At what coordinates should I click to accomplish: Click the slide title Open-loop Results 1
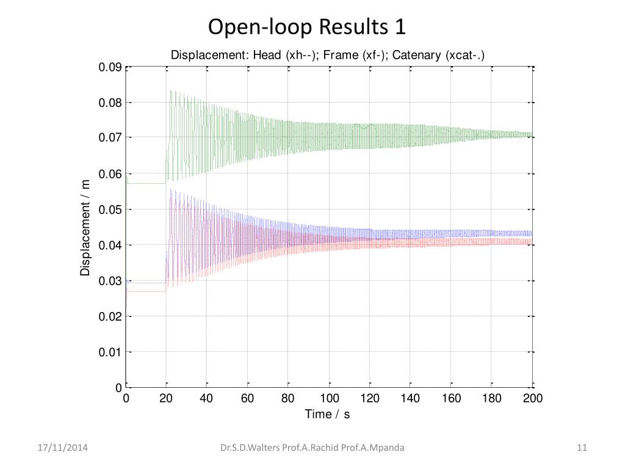(306, 27)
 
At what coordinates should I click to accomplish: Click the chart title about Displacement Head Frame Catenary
(327, 56)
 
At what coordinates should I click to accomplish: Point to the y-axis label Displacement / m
(86, 227)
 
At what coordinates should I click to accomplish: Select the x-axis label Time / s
(327, 415)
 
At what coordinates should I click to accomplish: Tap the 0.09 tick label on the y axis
(110, 68)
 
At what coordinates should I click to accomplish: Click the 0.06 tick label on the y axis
(110, 175)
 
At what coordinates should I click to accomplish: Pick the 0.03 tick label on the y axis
(110, 282)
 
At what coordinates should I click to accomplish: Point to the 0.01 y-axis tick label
(110, 352)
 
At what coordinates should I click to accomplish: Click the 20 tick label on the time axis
(167, 399)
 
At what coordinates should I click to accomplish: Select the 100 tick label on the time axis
(329, 399)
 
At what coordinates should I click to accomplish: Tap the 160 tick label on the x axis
(451, 399)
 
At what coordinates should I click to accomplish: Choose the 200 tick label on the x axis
(533, 399)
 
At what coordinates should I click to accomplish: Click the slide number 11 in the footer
(582, 448)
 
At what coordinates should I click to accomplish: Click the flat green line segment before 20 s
(146, 183)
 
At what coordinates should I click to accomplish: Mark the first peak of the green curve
(170, 91)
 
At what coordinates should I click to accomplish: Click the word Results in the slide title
(352, 27)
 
